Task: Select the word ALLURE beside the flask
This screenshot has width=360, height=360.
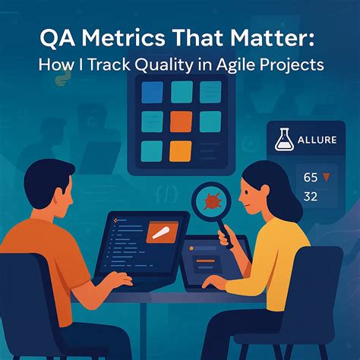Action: pos(317,140)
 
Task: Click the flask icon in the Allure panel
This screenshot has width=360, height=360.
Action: pos(284,140)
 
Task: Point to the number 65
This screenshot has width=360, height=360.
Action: pos(311,178)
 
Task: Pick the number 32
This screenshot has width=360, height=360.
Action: pos(311,197)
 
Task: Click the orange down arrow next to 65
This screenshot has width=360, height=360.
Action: pos(327,177)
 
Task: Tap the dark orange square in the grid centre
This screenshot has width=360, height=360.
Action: pos(181,122)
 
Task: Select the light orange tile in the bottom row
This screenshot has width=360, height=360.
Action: pos(181,151)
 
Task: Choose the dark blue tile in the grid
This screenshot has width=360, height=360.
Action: pos(152,93)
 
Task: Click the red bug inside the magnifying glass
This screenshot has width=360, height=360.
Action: pos(212,201)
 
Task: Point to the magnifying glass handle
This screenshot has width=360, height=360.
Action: pos(226,233)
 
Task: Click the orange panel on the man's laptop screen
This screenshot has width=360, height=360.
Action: pos(163,232)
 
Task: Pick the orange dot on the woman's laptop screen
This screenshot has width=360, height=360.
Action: pos(191,248)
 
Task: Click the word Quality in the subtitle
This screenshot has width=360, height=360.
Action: pos(164,65)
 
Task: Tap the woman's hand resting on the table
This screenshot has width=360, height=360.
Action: pos(214,283)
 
